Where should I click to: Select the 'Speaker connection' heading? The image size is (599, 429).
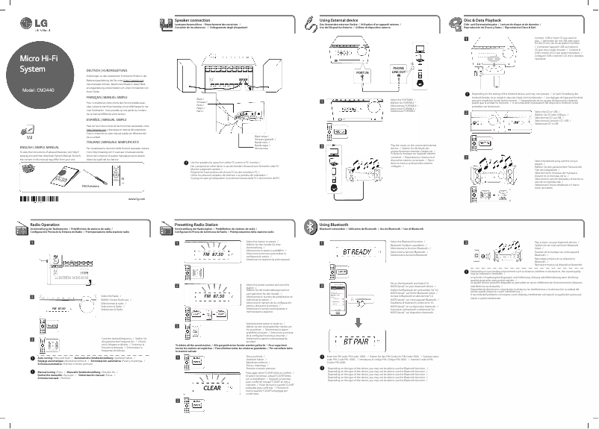tap(192, 16)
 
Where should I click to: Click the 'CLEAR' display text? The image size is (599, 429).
tap(212, 388)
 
